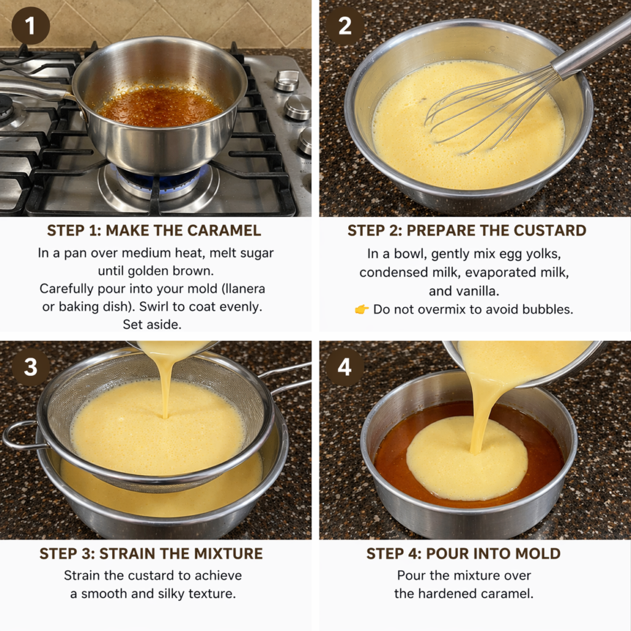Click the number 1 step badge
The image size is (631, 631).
tap(31, 26)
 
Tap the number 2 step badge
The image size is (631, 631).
tap(345, 26)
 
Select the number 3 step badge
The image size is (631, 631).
tap(31, 367)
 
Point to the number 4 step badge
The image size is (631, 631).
tap(345, 367)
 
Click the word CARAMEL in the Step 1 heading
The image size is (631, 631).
tap(224, 230)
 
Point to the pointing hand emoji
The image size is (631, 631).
tap(362, 309)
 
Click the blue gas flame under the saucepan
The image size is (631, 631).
tap(161, 180)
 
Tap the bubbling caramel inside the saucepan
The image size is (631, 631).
tap(159, 106)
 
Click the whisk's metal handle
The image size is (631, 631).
tap(592, 45)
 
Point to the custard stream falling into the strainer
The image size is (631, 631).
tap(166, 382)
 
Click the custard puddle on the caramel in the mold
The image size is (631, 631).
tap(467, 458)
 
